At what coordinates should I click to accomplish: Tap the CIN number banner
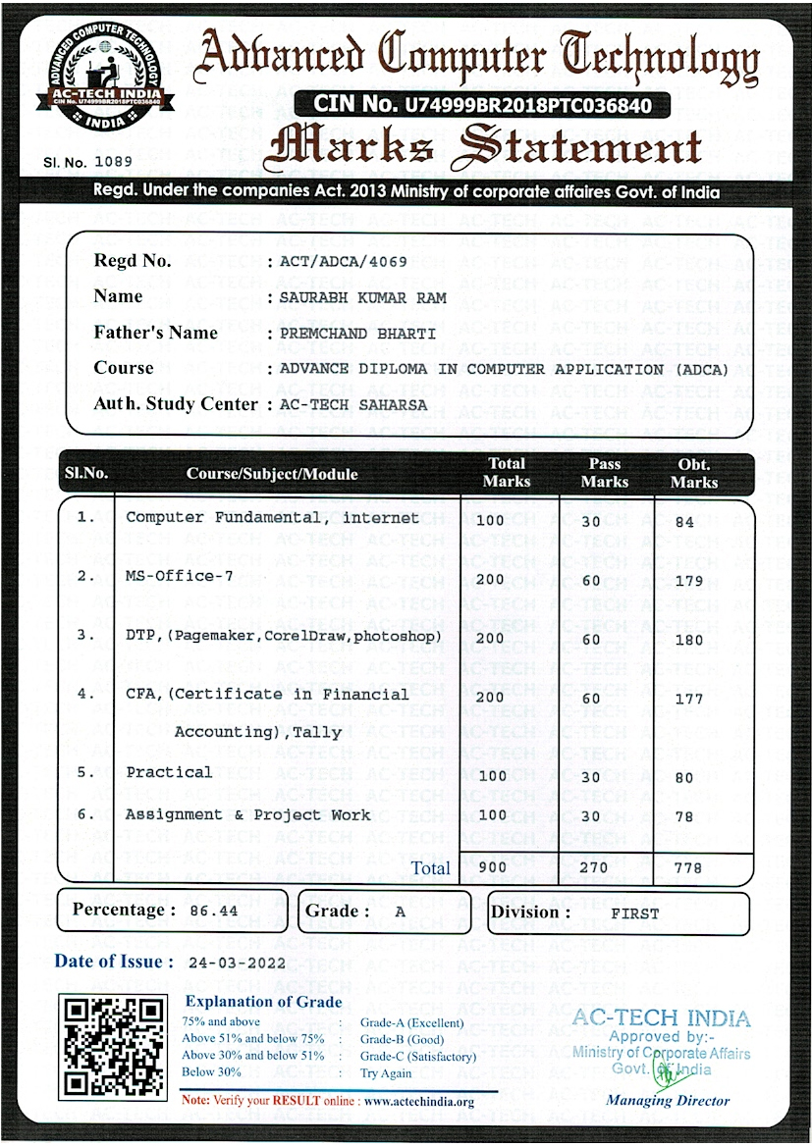[481, 103]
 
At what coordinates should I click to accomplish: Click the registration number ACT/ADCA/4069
[343, 262]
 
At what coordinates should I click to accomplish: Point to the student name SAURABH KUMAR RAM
[362, 297]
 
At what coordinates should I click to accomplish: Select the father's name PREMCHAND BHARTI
[357, 334]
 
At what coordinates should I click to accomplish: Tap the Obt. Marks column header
[694, 473]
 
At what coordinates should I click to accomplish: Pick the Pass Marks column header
[604, 473]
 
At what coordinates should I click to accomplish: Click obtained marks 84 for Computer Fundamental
[684, 522]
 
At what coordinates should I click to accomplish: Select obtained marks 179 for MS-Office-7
[689, 581]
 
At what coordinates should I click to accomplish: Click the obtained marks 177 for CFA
[689, 699]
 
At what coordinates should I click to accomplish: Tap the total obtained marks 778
[689, 867]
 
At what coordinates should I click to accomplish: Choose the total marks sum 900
[490, 867]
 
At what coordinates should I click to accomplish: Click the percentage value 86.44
[214, 912]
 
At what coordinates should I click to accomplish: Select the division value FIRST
[635, 913]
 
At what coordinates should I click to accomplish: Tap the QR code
[111, 1046]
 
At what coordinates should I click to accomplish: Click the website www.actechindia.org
[419, 1102]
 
